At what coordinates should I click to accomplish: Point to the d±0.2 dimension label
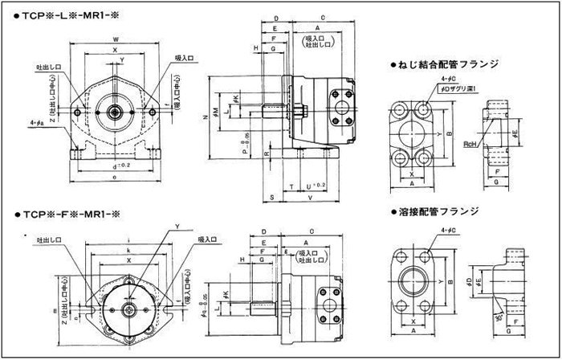click(117, 167)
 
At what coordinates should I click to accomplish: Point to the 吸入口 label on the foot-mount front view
click(185, 58)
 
